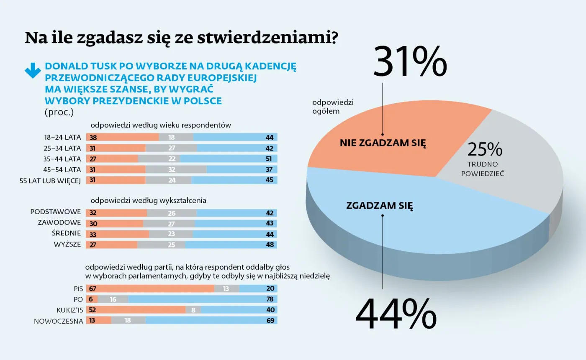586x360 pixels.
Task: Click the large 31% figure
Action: tap(410, 62)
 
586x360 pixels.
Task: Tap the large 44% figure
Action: tap(396, 315)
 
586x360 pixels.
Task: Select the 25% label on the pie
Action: tap(484, 149)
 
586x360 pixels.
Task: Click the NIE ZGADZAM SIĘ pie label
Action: tap(383, 143)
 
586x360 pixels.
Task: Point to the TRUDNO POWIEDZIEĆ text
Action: tap(483, 169)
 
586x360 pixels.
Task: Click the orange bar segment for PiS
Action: tap(150, 289)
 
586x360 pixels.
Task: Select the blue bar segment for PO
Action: tap(203, 299)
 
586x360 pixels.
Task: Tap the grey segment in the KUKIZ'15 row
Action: tap(193, 310)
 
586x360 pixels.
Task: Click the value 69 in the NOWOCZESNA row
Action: tap(270, 321)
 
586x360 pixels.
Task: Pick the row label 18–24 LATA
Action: tap(62, 137)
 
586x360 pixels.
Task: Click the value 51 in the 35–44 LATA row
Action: tap(269, 159)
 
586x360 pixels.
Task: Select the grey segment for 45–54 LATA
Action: tap(176, 169)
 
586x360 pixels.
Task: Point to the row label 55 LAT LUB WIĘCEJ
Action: tap(50, 180)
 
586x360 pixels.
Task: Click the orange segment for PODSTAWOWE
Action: tap(116, 213)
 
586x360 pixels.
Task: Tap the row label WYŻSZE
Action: tap(67, 245)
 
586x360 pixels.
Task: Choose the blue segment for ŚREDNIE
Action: tap(234, 234)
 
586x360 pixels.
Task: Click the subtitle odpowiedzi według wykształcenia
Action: tap(148, 201)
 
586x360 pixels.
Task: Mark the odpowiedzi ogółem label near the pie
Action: tap(333, 107)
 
